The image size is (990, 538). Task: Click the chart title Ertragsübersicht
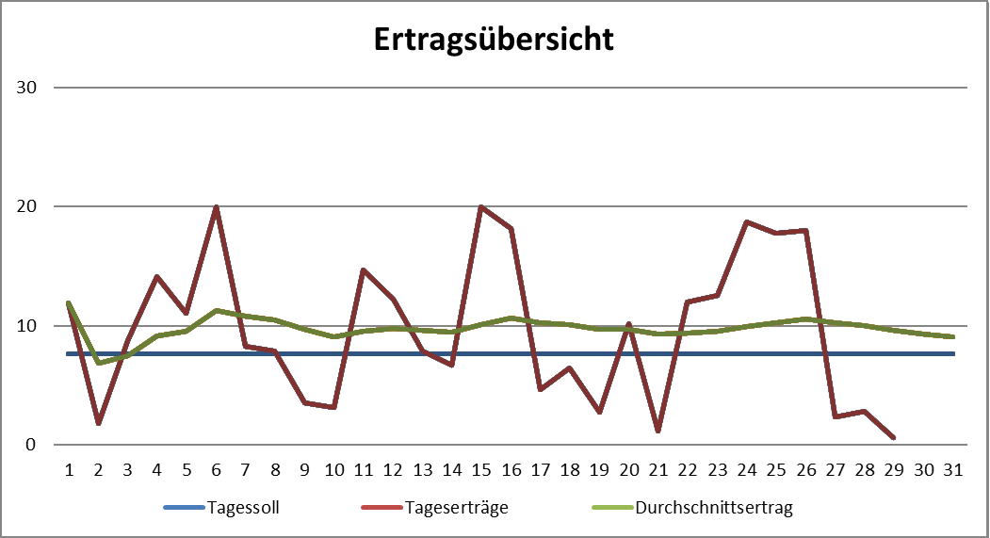click(494, 40)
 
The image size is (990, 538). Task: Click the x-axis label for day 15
click(481, 469)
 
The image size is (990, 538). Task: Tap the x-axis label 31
click(953, 469)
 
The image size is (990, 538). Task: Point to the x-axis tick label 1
click(69, 469)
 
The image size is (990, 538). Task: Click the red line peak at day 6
click(217, 206)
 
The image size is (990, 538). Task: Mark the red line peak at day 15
click(481, 206)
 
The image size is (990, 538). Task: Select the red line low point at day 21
click(658, 432)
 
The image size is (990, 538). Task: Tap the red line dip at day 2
click(98, 423)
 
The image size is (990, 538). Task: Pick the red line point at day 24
click(747, 221)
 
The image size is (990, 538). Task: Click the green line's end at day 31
click(953, 336)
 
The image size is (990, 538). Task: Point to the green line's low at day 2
click(98, 363)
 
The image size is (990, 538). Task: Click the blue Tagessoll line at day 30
click(924, 354)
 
